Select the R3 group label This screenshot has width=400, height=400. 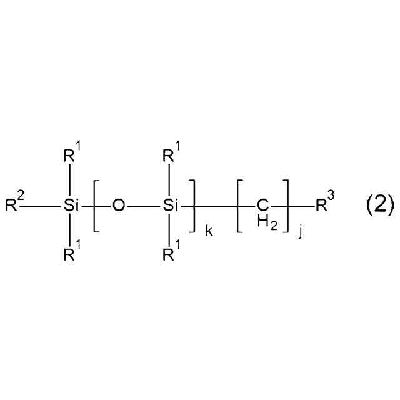point(324,204)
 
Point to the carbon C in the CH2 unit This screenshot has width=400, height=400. point(262,204)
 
